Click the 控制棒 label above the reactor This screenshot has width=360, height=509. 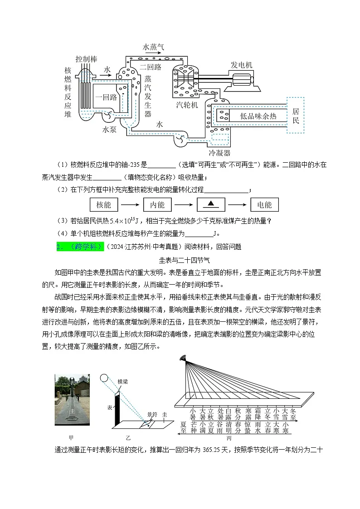(87, 59)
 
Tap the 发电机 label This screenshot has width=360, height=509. (242, 65)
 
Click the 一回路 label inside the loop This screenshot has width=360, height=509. (106, 97)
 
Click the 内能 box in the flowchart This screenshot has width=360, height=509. (157, 205)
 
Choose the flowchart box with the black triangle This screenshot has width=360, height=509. (210, 205)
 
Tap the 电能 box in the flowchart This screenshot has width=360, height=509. (264, 205)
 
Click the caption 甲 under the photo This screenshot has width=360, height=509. (71, 438)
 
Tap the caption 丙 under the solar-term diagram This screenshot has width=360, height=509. (229, 438)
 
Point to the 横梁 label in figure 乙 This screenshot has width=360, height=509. (122, 382)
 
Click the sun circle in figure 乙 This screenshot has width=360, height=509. (104, 378)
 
